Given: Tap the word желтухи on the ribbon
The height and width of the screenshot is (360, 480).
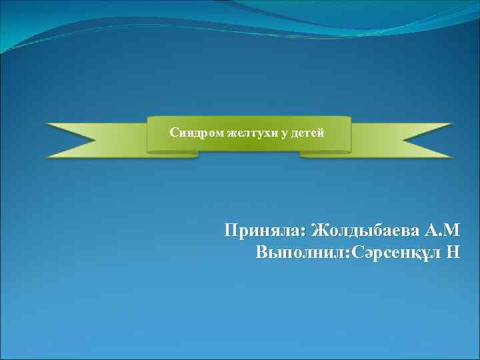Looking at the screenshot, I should coord(253,133).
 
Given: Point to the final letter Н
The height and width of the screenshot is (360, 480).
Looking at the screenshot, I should coord(453,253).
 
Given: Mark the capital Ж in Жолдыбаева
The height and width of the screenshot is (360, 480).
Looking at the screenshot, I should coord(321,231).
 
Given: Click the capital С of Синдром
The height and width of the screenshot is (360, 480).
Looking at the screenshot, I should coord(174,133).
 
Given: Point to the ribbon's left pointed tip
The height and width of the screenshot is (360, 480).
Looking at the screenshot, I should coord(47,124).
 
